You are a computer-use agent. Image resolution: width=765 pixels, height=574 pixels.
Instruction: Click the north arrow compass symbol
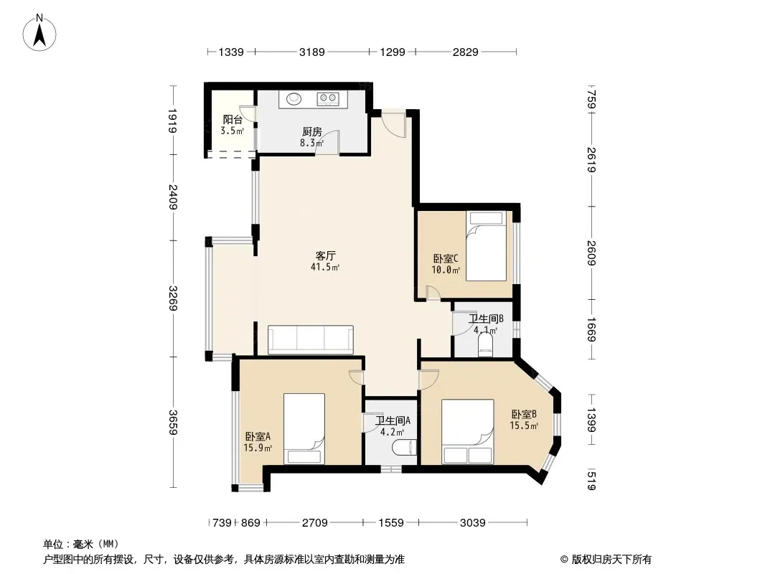[x=39, y=33]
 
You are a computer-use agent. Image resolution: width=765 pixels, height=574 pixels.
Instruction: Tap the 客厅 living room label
[x=325, y=255]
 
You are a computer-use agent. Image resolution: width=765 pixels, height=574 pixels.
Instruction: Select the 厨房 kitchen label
[x=311, y=132]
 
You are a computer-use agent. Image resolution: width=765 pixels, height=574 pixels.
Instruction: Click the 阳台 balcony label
[x=233, y=120]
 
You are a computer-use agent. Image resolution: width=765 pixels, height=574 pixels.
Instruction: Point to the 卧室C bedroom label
[x=446, y=258]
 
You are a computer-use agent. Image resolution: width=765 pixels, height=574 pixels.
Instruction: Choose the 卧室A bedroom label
[x=258, y=436]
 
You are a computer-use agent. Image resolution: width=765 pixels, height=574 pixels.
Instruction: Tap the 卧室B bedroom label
[x=524, y=415]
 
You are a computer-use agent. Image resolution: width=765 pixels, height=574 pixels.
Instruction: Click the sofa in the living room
[x=310, y=339]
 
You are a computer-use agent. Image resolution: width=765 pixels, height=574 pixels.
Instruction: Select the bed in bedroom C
[x=486, y=246]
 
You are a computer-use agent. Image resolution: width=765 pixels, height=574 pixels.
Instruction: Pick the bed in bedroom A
[x=304, y=428]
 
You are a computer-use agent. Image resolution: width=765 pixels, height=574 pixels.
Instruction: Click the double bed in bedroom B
[x=467, y=432]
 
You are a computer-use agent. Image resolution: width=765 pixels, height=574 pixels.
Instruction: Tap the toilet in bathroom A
[x=405, y=447]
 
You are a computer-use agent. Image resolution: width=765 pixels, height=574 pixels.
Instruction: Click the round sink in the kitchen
[x=294, y=99]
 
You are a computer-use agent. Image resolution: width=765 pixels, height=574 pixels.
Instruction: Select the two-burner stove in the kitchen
[x=329, y=99]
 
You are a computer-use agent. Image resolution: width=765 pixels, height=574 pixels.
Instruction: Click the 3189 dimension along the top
[x=311, y=52]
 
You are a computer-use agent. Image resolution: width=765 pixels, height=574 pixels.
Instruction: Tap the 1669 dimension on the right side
[x=591, y=329]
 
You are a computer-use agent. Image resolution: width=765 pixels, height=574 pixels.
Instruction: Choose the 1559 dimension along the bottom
[x=391, y=523]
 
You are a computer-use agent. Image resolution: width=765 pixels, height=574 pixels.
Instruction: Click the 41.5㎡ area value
[x=325, y=267]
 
